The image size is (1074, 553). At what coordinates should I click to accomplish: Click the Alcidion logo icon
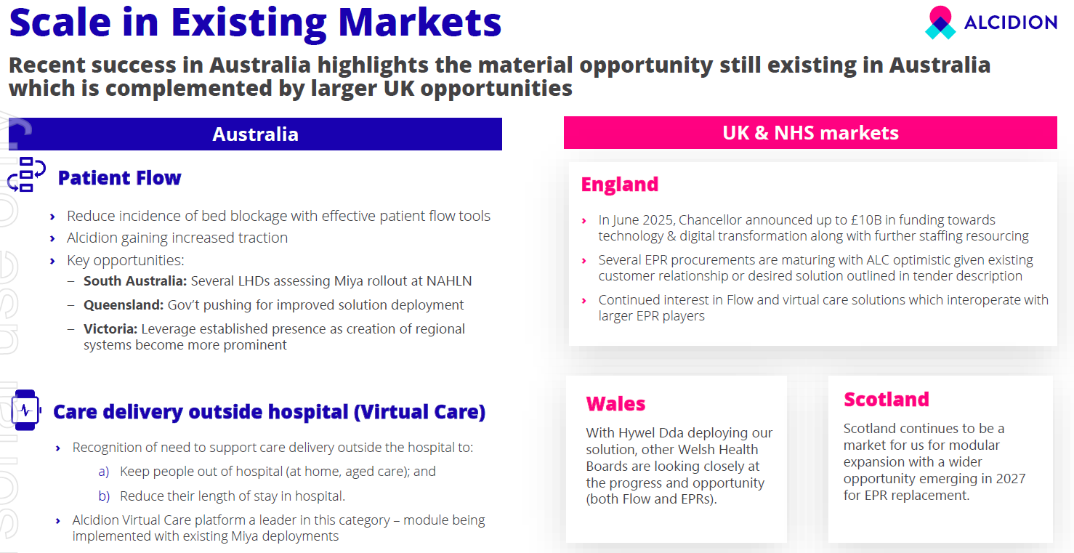940,23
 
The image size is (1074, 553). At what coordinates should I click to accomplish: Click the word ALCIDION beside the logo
1011,23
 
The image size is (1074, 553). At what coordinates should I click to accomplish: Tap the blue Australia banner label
256,134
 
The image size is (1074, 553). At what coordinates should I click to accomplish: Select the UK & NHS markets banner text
810,133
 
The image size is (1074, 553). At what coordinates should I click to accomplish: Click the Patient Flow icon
26,174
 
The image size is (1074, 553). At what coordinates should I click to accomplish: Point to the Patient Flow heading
119,178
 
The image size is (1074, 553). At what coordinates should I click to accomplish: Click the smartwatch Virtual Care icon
25,411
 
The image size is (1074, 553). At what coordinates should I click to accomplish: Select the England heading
619,185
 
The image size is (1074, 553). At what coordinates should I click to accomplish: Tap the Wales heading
615,404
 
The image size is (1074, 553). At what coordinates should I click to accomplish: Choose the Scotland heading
887,400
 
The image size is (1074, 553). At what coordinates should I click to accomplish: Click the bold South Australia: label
135,281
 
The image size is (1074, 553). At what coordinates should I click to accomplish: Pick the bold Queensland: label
124,305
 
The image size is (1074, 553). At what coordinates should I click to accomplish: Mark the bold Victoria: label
110,329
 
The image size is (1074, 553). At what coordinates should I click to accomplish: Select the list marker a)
104,472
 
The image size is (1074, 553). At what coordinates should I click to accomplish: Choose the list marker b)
104,496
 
